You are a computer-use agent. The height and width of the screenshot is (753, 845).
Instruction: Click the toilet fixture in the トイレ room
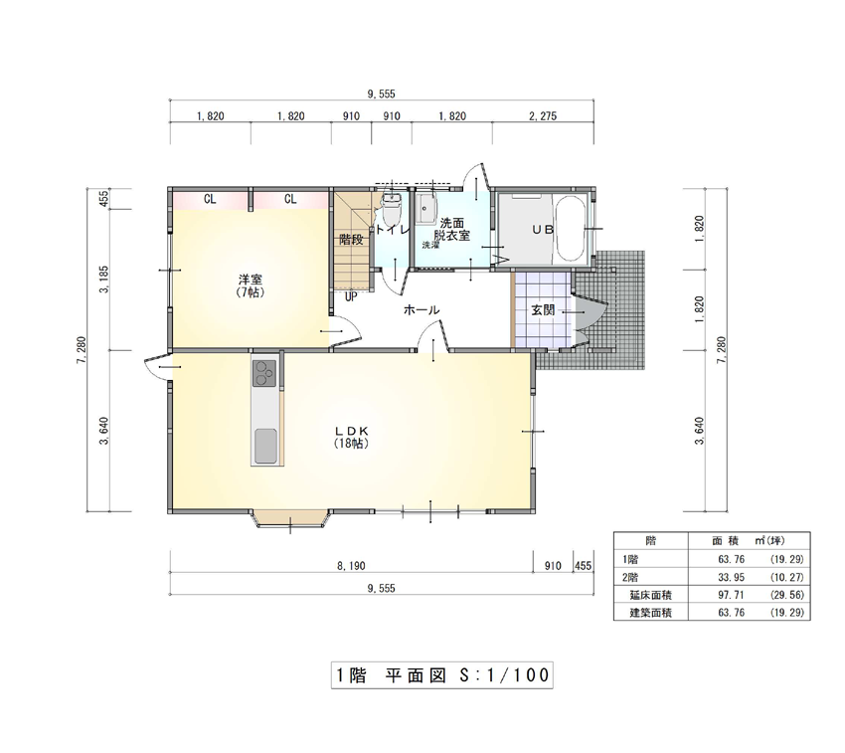pyautogui.click(x=391, y=209)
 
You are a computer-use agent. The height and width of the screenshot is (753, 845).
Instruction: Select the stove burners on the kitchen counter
pyautogui.click(x=264, y=372)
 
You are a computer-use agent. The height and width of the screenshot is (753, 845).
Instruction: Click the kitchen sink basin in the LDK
pyautogui.click(x=265, y=446)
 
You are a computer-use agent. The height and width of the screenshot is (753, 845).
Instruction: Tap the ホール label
pyautogui.click(x=422, y=309)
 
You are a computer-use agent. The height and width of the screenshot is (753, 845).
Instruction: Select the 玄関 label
pyautogui.click(x=543, y=310)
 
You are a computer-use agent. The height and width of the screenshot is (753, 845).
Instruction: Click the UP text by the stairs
pyautogui.click(x=351, y=296)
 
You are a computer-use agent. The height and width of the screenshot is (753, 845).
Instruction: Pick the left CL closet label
pyautogui.click(x=210, y=200)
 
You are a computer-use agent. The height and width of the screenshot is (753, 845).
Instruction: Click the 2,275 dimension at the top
pyautogui.click(x=543, y=116)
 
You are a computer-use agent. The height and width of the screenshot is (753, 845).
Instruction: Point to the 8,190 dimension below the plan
pyautogui.click(x=351, y=566)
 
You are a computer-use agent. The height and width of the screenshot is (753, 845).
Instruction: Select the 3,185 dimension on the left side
pyautogui.click(x=104, y=279)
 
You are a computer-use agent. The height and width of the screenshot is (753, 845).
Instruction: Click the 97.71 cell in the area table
pyautogui.click(x=732, y=595)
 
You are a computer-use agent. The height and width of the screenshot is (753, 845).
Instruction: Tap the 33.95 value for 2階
pyautogui.click(x=732, y=577)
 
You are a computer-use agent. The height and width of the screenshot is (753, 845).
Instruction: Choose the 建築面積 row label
pyautogui.click(x=651, y=613)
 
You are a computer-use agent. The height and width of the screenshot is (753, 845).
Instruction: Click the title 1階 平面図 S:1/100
pyautogui.click(x=442, y=674)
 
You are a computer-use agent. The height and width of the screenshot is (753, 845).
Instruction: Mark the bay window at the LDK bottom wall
pyautogui.click(x=291, y=518)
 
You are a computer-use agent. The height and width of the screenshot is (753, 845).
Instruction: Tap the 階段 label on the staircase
pyautogui.click(x=351, y=240)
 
